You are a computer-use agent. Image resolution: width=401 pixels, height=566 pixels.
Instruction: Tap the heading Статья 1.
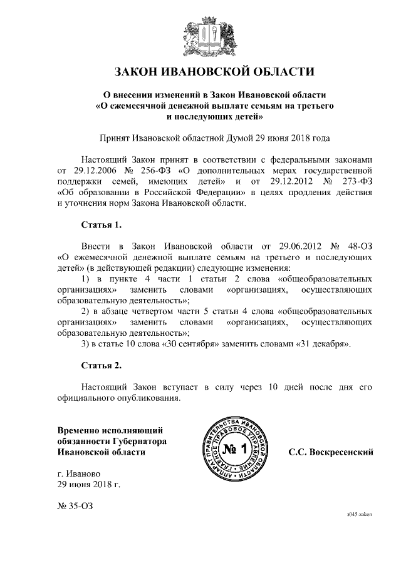101,223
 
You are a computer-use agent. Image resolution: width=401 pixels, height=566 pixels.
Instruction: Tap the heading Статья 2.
101,365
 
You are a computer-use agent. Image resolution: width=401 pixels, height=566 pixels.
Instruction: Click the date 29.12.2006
84,169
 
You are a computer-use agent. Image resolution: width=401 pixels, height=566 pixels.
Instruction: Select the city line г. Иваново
76,473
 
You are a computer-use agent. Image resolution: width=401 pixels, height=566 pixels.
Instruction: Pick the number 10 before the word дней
273,387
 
